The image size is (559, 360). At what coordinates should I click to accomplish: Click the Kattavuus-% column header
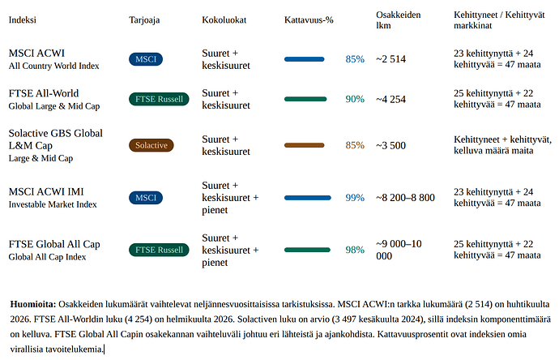tap(309, 20)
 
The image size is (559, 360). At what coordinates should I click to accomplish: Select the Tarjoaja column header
tap(144, 20)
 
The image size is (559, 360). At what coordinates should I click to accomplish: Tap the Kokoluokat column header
tap(224, 20)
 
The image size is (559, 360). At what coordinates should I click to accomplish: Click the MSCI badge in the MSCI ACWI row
tap(146, 59)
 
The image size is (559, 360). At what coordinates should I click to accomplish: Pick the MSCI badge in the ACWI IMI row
tap(146, 198)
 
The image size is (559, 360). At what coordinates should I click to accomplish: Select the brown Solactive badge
tap(151, 145)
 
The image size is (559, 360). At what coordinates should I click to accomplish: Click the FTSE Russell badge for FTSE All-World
tap(159, 99)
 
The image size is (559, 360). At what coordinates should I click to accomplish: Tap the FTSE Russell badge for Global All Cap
tap(159, 250)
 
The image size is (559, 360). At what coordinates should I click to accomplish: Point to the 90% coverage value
tap(355, 99)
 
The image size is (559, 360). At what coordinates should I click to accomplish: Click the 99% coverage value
tap(355, 198)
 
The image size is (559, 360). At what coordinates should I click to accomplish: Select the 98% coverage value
tap(355, 250)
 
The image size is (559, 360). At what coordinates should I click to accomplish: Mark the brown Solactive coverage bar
tap(305, 145)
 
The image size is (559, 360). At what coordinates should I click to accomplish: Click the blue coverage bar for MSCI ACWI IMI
tap(308, 198)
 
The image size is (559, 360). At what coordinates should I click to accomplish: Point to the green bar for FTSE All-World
tap(305, 99)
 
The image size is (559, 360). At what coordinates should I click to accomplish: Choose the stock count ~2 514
tap(390, 59)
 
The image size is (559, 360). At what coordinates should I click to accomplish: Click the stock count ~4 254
tap(390, 99)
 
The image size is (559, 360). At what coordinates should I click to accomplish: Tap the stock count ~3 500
tap(390, 146)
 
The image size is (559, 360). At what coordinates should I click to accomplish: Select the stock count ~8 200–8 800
tap(405, 198)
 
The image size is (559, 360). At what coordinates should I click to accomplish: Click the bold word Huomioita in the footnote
tap(33, 304)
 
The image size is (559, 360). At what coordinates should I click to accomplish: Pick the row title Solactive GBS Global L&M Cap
tap(56, 139)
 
